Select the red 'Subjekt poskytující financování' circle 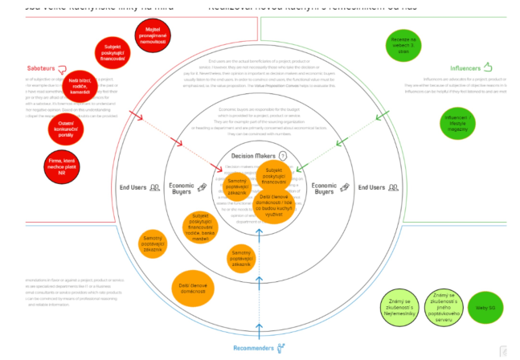(112, 53)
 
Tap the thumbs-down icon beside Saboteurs (62, 69)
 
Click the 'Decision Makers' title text (253, 156)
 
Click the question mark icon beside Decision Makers (282, 156)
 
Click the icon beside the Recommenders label (282, 348)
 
